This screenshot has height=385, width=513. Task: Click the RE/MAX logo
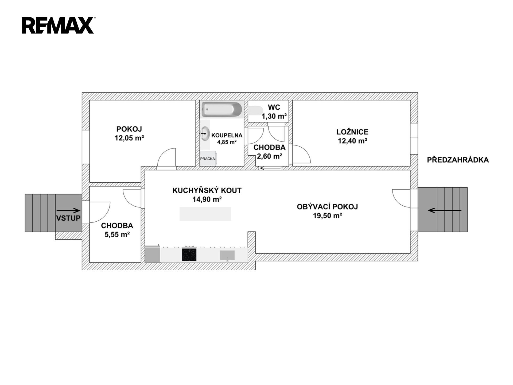[x=58, y=25]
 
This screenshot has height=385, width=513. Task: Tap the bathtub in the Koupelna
[x=222, y=109]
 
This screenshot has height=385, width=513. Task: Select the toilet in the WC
[x=255, y=111]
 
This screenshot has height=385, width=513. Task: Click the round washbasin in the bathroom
[x=205, y=133]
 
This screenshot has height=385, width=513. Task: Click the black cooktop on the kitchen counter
[x=189, y=255]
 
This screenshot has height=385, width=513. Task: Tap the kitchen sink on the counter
[x=227, y=255]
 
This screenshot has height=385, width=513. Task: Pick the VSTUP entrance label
[x=68, y=218]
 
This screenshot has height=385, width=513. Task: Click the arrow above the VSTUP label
[x=68, y=210]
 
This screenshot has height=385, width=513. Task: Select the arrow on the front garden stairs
[x=445, y=210]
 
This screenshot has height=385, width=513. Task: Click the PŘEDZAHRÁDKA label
[x=458, y=160]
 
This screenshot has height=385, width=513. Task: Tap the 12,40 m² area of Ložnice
[x=352, y=141]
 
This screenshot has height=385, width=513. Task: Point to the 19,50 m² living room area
[x=328, y=215]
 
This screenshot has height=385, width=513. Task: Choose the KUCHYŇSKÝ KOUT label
[x=207, y=190]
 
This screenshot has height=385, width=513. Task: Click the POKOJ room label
[x=129, y=129]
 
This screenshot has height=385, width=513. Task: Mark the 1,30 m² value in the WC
[x=274, y=116]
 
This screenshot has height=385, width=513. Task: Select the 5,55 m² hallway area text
[x=117, y=234]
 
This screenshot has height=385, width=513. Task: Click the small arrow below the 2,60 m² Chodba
[x=270, y=168]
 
